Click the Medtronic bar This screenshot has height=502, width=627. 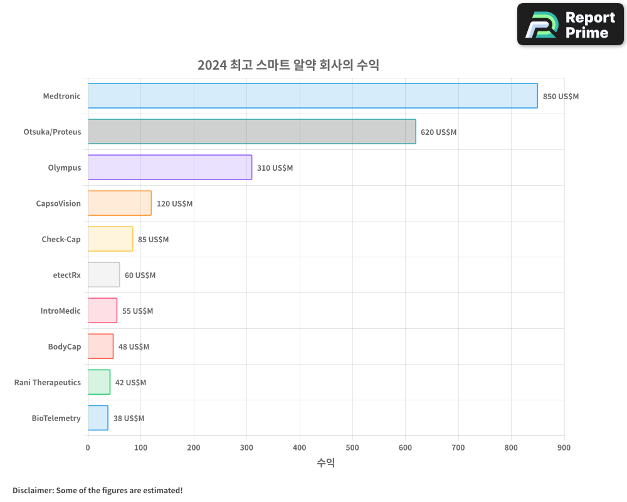tap(312, 96)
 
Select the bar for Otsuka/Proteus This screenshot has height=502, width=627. tap(251, 132)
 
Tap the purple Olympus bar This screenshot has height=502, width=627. tap(169, 168)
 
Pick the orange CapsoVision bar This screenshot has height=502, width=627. tap(119, 203)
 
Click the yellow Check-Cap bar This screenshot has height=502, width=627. tap(110, 239)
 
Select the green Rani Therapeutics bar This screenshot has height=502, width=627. tap(99, 382)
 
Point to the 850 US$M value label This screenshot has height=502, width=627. tap(561, 97)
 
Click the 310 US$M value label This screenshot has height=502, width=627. tap(275, 168)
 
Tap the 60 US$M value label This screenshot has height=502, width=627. tap(140, 275)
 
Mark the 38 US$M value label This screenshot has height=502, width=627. tap(129, 419)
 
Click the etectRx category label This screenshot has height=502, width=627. tap(67, 275)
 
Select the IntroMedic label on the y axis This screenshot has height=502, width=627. tap(61, 311)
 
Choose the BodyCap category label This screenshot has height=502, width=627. tap(65, 346)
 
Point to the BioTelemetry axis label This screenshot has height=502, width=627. tap(56, 418)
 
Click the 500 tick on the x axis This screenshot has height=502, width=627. tap(352, 447)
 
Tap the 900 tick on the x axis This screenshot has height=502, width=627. tap(564, 447)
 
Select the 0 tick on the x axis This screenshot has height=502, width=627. tap(88, 447)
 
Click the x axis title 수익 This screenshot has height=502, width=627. tap(325, 463)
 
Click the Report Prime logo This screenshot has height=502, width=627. tap(570, 24)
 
